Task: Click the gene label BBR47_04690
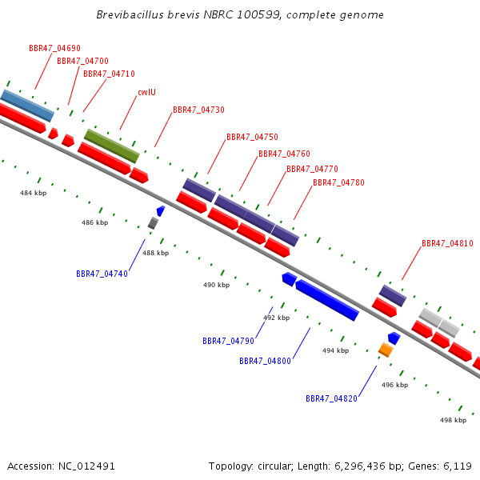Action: [x=54, y=48]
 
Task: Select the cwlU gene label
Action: [x=147, y=92]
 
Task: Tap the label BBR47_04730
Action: [x=198, y=110]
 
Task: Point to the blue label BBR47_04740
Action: [x=102, y=274]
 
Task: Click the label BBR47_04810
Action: [x=447, y=243]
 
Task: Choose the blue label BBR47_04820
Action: [x=331, y=398]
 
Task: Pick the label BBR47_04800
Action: [x=265, y=361]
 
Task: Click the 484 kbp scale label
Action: [x=34, y=193]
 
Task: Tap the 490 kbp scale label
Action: [x=217, y=285]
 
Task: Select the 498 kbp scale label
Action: [x=454, y=420]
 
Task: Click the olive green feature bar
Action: [x=112, y=146]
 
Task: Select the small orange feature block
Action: [x=386, y=350]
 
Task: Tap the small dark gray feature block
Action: [x=153, y=223]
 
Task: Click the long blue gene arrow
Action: [x=327, y=300]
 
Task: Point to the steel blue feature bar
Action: [x=27, y=106]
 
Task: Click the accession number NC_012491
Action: [x=86, y=466]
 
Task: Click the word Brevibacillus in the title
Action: [x=130, y=14]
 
